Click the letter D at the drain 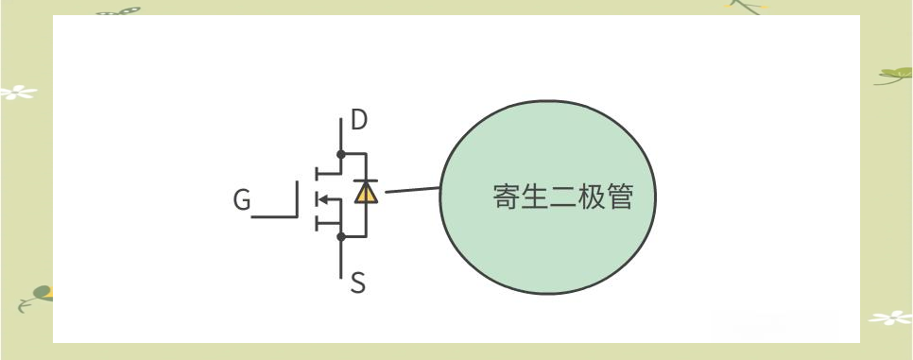tap(359, 121)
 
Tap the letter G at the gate tap(243, 201)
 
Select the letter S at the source tap(358, 283)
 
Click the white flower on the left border tap(15, 93)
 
